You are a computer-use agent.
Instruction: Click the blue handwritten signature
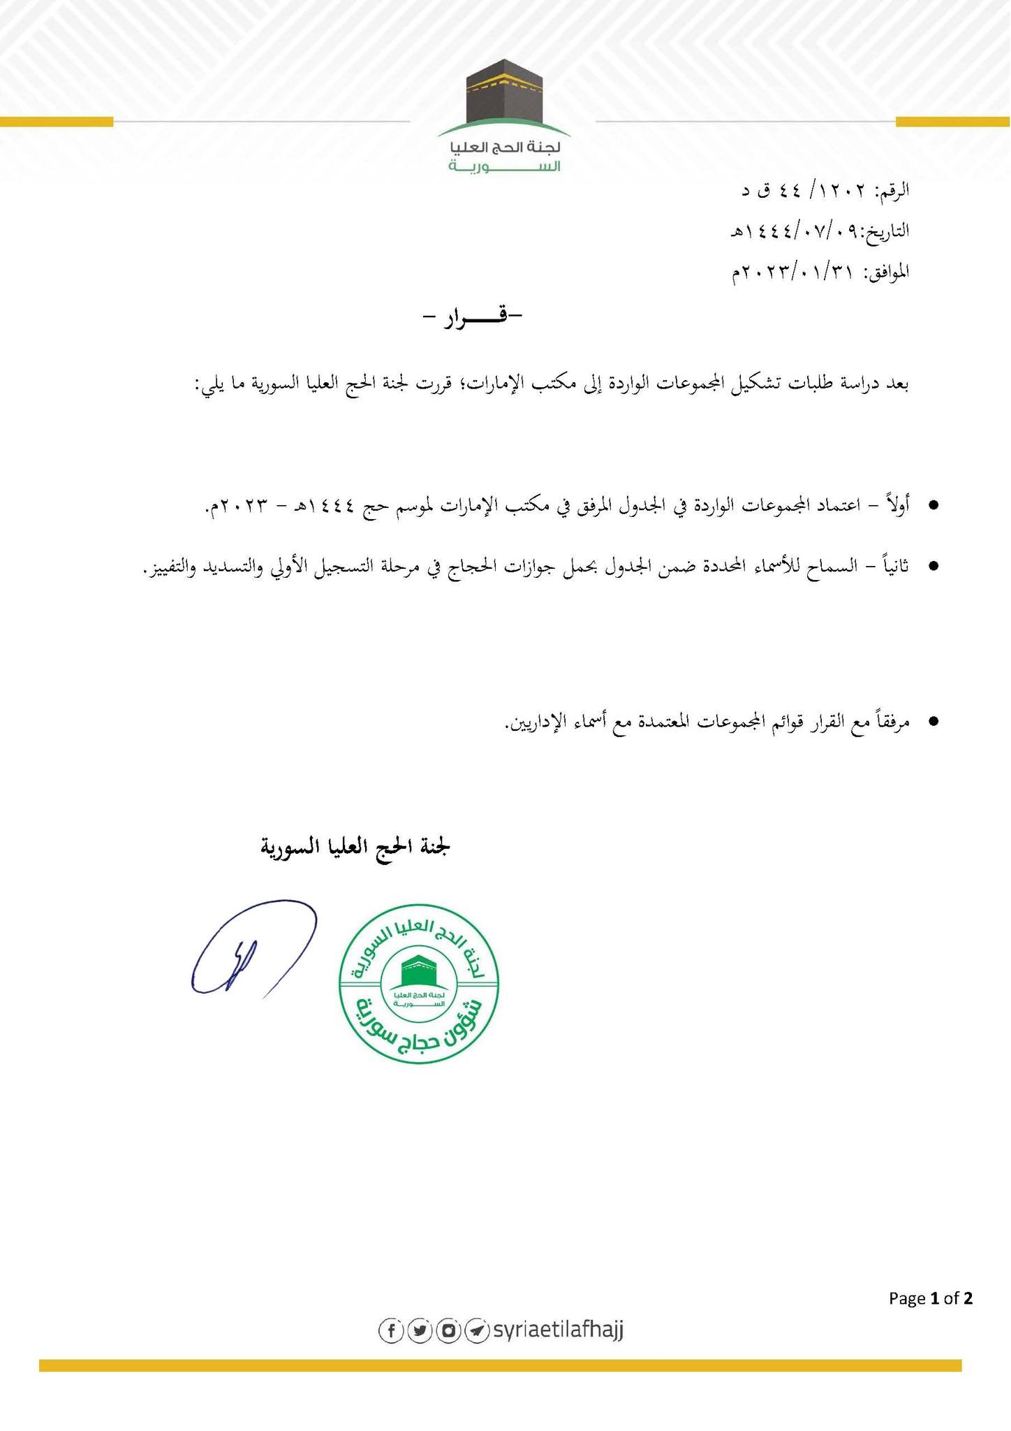(253, 948)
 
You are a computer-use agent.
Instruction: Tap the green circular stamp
(418, 982)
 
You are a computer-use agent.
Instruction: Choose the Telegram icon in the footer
(476, 1330)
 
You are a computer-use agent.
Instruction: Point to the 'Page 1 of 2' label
(930, 1298)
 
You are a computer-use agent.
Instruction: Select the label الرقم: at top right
(891, 189)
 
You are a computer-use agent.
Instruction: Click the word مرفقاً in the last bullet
(888, 722)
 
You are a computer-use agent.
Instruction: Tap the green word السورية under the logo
(504, 167)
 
